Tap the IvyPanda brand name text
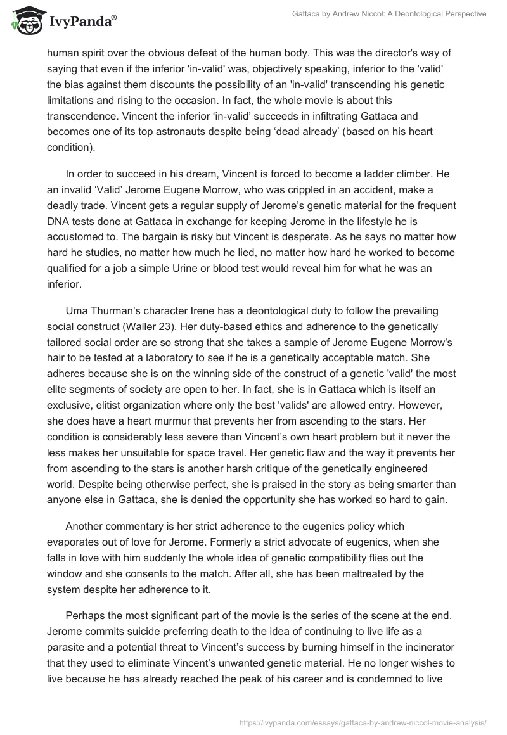coord(80,22)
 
